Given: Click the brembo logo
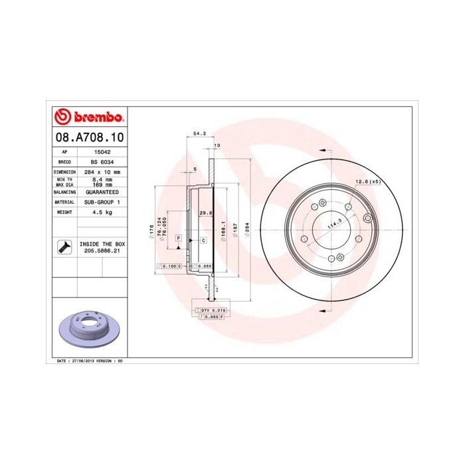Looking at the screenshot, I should pos(88,118).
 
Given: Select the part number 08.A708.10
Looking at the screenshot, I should pos(88,138).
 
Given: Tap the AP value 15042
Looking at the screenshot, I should pos(102,152).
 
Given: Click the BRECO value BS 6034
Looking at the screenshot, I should pos(102,161).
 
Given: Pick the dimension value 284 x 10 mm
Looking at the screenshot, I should pos(102,171).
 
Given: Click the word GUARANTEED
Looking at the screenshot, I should pos(102,191).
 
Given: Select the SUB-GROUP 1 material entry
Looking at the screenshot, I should pos(102,201).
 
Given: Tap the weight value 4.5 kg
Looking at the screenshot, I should pos(102,211).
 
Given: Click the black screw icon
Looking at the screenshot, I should pos(64,247).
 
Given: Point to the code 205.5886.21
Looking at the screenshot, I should pos(102,251).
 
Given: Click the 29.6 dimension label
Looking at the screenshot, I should pos(205,213).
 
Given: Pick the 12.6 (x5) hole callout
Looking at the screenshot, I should pos(367,181).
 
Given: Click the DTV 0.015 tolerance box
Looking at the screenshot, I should pos(214,310).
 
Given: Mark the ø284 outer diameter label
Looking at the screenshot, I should pos(247,226).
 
